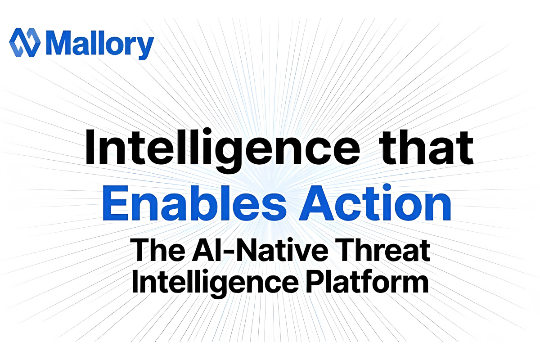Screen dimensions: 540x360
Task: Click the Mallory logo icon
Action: pyautogui.click(x=25, y=42)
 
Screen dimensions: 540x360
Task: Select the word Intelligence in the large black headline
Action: pyautogui.click(x=223, y=150)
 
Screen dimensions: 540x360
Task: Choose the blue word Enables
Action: pyautogui.click(x=194, y=203)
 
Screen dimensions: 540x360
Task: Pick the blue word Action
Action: pyautogui.click(x=375, y=202)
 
